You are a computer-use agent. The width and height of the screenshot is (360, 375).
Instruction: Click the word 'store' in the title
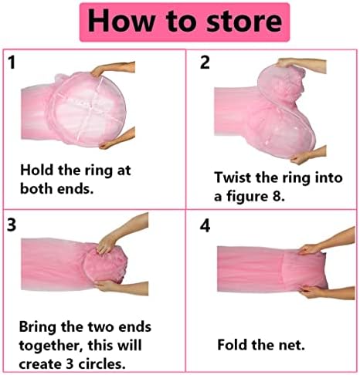point(244,22)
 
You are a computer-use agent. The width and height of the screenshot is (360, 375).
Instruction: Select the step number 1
point(12,62)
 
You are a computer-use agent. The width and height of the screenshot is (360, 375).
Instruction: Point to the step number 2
point(205,62)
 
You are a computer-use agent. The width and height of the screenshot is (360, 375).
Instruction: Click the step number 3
point(12,225)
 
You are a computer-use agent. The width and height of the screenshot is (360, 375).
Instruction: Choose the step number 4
point(205,226)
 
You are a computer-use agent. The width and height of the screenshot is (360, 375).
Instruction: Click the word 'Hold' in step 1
point(37,170)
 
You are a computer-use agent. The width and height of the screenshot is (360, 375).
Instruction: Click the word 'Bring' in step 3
point(38,328)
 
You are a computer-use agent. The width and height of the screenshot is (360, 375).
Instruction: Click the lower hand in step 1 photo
point(117,139)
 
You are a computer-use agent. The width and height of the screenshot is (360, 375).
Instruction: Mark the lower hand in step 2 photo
point(308,155)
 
